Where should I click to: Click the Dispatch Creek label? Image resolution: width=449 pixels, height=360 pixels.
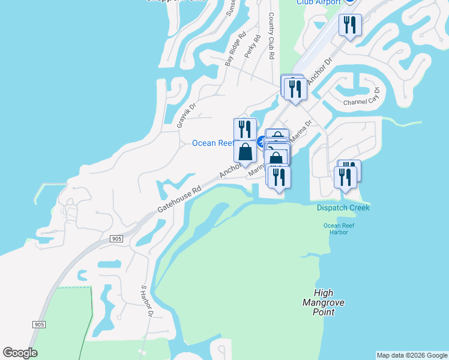(x=343, y=208)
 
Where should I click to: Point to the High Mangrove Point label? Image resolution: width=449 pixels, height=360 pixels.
(x=324, y=303)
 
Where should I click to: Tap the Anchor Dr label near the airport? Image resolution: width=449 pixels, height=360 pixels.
(x=320, y=70)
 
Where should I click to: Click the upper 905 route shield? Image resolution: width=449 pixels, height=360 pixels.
(x=116, y=239)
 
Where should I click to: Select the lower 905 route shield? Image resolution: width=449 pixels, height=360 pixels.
(x=39, y=325)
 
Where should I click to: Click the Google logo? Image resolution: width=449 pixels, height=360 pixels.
(x=20, y=353)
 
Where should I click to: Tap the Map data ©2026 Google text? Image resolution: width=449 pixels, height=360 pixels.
(x=412, y=355)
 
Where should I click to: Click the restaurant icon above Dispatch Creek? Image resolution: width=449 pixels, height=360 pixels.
(x=346, y=176)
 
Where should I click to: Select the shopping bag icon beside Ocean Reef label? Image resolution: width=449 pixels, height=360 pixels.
(x=246, y=152)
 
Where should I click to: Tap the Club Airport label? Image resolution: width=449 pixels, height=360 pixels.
(x=318, y=2)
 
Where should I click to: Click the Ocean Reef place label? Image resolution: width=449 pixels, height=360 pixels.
(x=212, y=143)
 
